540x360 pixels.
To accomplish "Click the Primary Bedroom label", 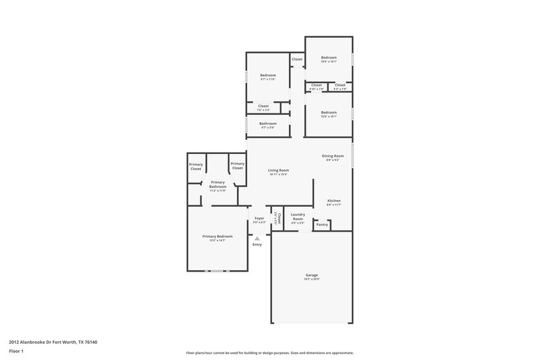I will (x=217, y=236).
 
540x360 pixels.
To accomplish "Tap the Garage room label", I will (x=311, y=275).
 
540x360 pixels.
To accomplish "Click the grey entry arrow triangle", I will (x=257, y=238).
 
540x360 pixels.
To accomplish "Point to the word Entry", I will (x=257, y=244).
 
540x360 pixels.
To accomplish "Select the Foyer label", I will (x=259, y=218).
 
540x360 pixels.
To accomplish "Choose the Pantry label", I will (x=322, y=224).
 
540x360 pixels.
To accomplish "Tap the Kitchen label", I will (x=334, y=201).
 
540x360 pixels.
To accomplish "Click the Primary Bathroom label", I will (x=217, y=184).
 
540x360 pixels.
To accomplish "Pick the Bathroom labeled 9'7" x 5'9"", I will (x=268, y=124).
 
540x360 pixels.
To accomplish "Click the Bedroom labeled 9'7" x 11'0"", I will (x=268, y=75).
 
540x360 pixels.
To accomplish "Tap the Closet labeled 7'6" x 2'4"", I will (x=263, y=106).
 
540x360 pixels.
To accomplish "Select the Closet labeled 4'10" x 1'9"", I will (x=317, y=85).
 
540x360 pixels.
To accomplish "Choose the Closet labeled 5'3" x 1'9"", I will (x=340, y=85).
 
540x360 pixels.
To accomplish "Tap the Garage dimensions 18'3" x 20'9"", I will (x=311, y=280).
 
